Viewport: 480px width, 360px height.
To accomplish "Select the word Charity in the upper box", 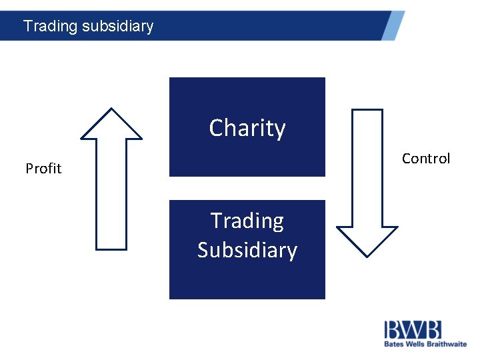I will (x=247, y=128).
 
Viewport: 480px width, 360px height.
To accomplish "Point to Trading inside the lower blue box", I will (x=247, y=221).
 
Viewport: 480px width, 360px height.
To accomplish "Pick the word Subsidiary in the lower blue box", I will (x=247, y=250).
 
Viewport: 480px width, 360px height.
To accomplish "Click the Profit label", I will (x=43, y=169).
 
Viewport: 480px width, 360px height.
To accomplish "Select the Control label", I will (x=426, y=159).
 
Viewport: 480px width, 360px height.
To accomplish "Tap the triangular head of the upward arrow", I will (x=111, y=126).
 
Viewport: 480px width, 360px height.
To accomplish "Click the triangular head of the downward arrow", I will (x=367, y=239).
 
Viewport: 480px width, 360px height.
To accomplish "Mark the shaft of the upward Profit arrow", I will (x=111, y=193).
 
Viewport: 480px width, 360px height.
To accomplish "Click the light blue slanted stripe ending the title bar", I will (x=393, y=25).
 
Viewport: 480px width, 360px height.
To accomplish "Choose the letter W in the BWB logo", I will (x=412, y=330).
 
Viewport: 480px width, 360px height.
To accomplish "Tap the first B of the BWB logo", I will (x=393, y=330).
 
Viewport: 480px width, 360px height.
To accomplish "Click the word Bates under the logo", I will (x=393, y=345).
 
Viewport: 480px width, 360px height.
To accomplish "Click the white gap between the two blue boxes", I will (x=247, y=188).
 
